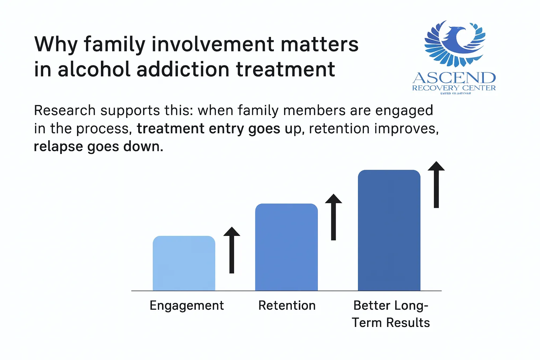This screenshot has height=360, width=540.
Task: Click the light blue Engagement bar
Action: click(x=184, y=263)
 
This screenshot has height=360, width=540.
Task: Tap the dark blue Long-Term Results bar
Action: click(x=389, y=230)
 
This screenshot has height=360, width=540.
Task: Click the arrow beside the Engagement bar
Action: click(x=232, y=250)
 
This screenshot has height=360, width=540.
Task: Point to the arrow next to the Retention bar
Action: click(x=333, y=217)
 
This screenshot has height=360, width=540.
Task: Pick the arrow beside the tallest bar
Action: click(x=436, y=185)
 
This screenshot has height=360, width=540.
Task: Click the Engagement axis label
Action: click(x=187, y=306)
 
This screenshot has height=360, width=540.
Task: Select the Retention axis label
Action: click(x=287, y=306)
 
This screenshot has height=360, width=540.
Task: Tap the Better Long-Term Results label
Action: click(x=391, y=314)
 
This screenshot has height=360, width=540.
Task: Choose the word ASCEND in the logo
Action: click(x=454, y=78)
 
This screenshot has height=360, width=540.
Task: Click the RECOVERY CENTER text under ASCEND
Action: click(x=454, y=88)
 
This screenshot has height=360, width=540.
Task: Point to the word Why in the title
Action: click(x=55, y=45)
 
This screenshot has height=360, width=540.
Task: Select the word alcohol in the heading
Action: click(x=94, y=69)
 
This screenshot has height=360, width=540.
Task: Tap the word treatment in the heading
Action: click(x=285, y=69)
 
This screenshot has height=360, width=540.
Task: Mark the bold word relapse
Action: click(x=58, y=146)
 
